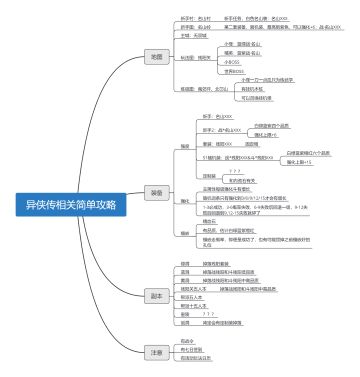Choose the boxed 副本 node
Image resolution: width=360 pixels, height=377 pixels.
pyautogui.click(x=156, y=295)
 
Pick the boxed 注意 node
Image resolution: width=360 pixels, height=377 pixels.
pyautogui.click(x=156, y=353)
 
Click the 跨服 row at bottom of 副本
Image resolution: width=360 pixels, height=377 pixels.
pyautogui.click(x=184, y=322)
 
